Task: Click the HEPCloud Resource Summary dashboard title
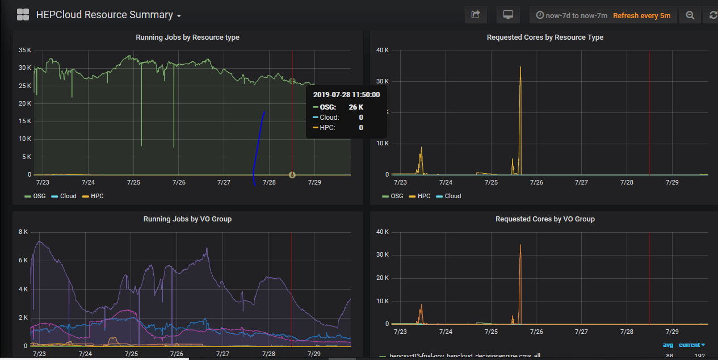(104, 15)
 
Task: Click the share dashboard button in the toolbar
(476, 15)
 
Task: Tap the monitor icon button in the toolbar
(508, 15)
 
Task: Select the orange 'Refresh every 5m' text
(641, 15)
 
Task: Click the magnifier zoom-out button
(690, 15)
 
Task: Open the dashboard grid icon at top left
(23, 15)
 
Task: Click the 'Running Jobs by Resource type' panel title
(187, 37)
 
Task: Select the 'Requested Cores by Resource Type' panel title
(545, 37)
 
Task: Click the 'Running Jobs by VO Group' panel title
(187, 219)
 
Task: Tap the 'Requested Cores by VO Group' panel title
(545, 219)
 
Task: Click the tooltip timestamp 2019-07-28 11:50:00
(346, 95)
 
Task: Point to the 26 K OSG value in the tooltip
(356, 107)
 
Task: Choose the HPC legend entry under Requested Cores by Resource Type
(423, 196)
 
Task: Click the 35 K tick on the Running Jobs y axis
(24, 50)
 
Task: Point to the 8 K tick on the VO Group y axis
(24, 232)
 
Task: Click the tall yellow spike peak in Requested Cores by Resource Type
(520, 68)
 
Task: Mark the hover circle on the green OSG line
(292, 82)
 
